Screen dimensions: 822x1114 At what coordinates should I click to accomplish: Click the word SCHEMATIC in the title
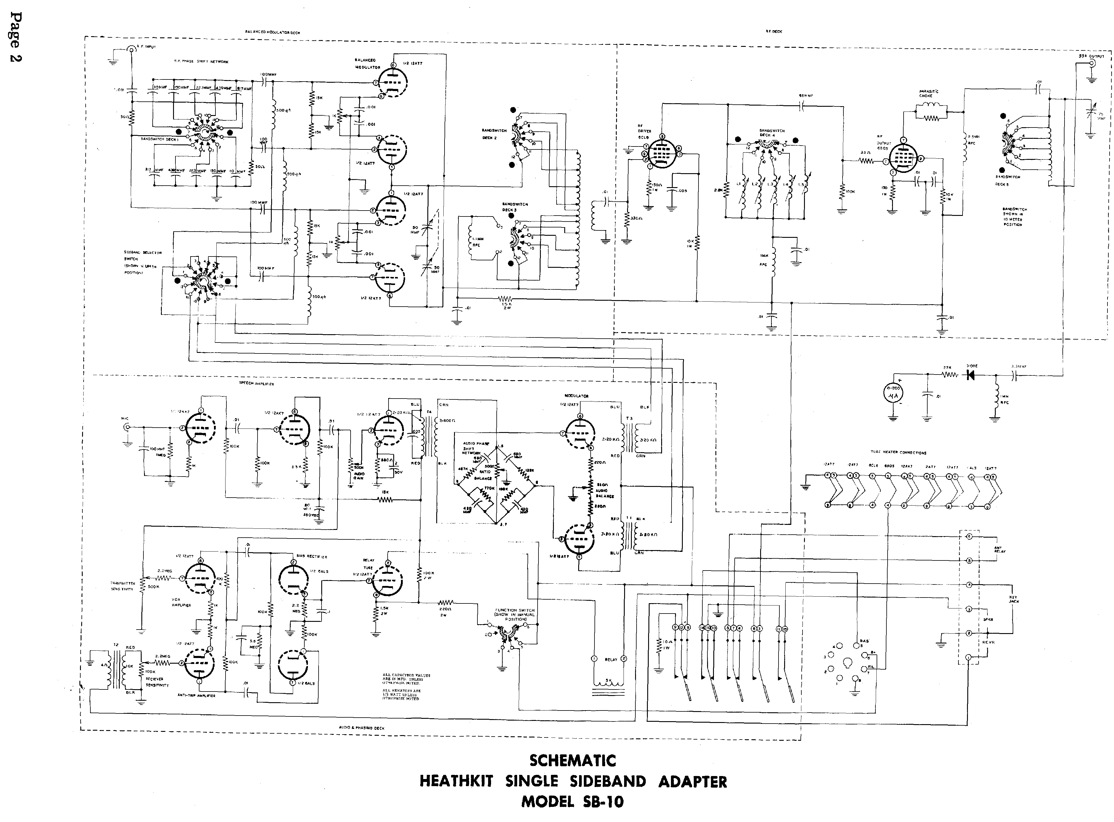coord(573,760)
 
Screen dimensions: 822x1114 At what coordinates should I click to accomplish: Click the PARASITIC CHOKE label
coord(926,93)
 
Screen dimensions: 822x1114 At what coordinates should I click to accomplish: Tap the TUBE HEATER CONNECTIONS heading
coord(898,453)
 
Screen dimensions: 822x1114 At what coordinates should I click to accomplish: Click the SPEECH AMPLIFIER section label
coord(257,384)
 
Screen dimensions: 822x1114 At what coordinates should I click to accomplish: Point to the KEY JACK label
coord(1014,599)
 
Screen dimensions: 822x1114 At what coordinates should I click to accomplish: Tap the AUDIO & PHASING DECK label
coord(362,728)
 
